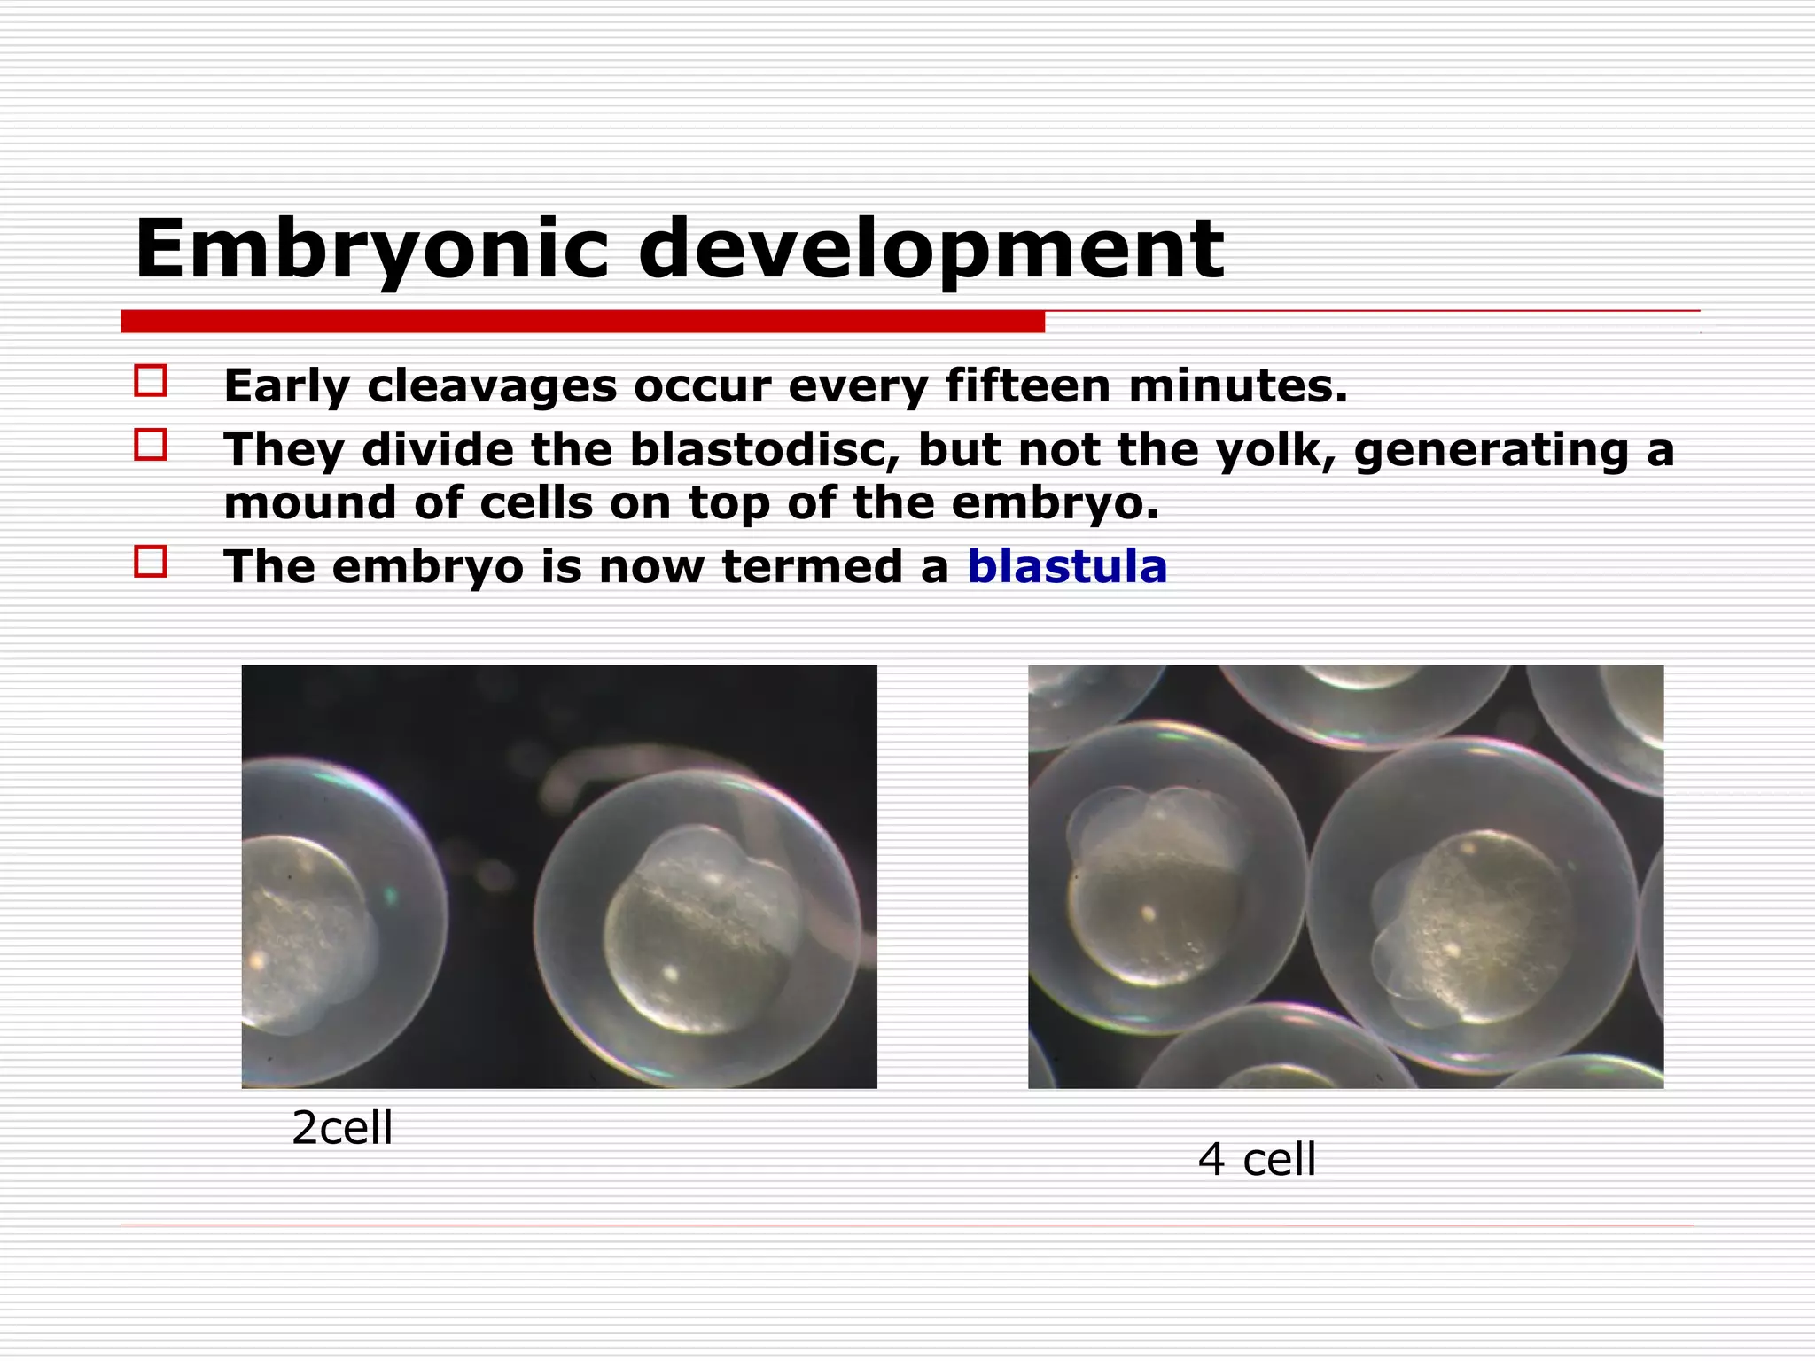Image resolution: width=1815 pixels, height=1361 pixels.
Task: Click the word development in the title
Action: tap(931, 251)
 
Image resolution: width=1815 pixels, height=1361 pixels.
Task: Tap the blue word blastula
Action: tap(1067, 566)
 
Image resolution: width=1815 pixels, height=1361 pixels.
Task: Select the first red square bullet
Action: tap(151, 381)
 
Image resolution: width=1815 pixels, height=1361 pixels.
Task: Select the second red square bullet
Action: tap(151, 444)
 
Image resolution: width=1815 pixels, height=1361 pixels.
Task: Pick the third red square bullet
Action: tap(151, 562)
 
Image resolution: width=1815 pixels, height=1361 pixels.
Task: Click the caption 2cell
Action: tap(342, 1128)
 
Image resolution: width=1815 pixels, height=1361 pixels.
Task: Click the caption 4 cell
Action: tap(1257, 1159)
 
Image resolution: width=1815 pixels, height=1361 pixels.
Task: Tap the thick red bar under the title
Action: tap(582, 322)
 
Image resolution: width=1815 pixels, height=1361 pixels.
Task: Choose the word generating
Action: tap(1491, 451)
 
